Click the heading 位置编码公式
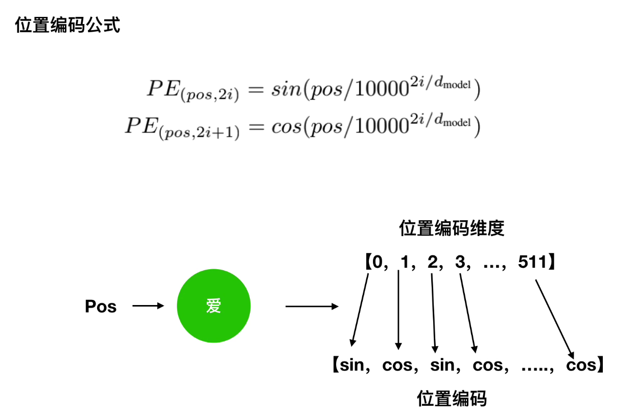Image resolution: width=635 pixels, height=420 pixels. (68, 25)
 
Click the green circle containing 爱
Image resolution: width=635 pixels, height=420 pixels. (214, 306)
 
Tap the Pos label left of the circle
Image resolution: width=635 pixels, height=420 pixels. (101, 307)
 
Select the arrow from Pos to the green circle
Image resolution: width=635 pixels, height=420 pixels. (148, 306)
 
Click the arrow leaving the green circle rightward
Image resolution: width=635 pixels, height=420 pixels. (312, 307)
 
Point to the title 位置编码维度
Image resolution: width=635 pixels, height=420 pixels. (452, 228)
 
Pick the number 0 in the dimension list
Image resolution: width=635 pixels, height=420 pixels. (378, 263)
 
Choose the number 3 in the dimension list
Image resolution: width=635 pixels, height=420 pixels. (459, 263)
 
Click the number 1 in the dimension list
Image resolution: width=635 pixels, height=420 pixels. (405, 263)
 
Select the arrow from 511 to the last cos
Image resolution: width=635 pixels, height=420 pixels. (555, 318)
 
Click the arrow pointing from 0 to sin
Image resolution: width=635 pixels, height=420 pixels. (360, 309)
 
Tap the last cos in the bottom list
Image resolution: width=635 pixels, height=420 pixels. (581, 365)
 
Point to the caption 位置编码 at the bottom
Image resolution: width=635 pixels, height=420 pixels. (452, 398)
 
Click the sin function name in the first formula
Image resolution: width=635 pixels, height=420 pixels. (283, 90)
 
